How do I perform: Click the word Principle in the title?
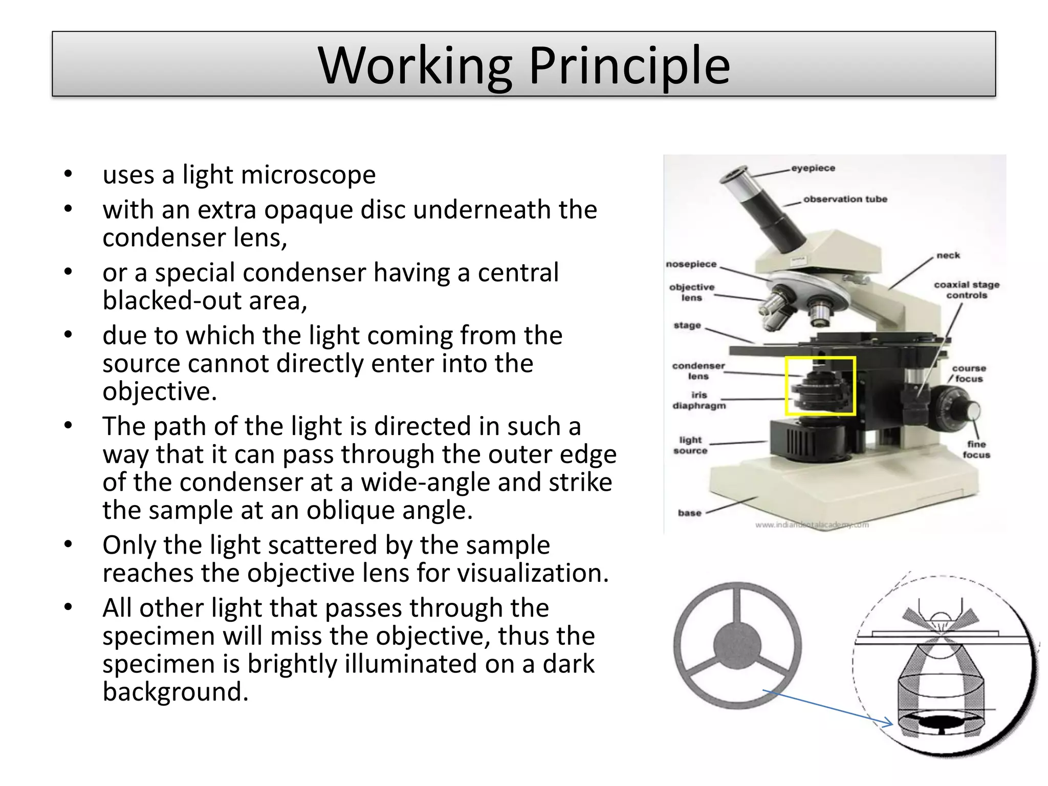coord(629,66)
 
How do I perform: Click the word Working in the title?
coord(414,66)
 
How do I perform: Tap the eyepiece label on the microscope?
coord(813,168)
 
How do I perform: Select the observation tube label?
coord(845,199)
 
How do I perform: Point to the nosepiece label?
coord(691,264)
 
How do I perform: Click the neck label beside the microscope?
coord(948,255)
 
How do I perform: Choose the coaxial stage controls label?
coord(966,290)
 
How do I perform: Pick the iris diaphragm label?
coord(699,400)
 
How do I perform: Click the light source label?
coord(690,445)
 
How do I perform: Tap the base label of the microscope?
coord(689,513)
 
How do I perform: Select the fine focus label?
coord(976,449)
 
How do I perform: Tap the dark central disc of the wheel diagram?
coord(737,646)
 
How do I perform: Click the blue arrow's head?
coord(890,724)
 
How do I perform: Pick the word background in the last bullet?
coord(176,692)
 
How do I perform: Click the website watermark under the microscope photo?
coord(812,525)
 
